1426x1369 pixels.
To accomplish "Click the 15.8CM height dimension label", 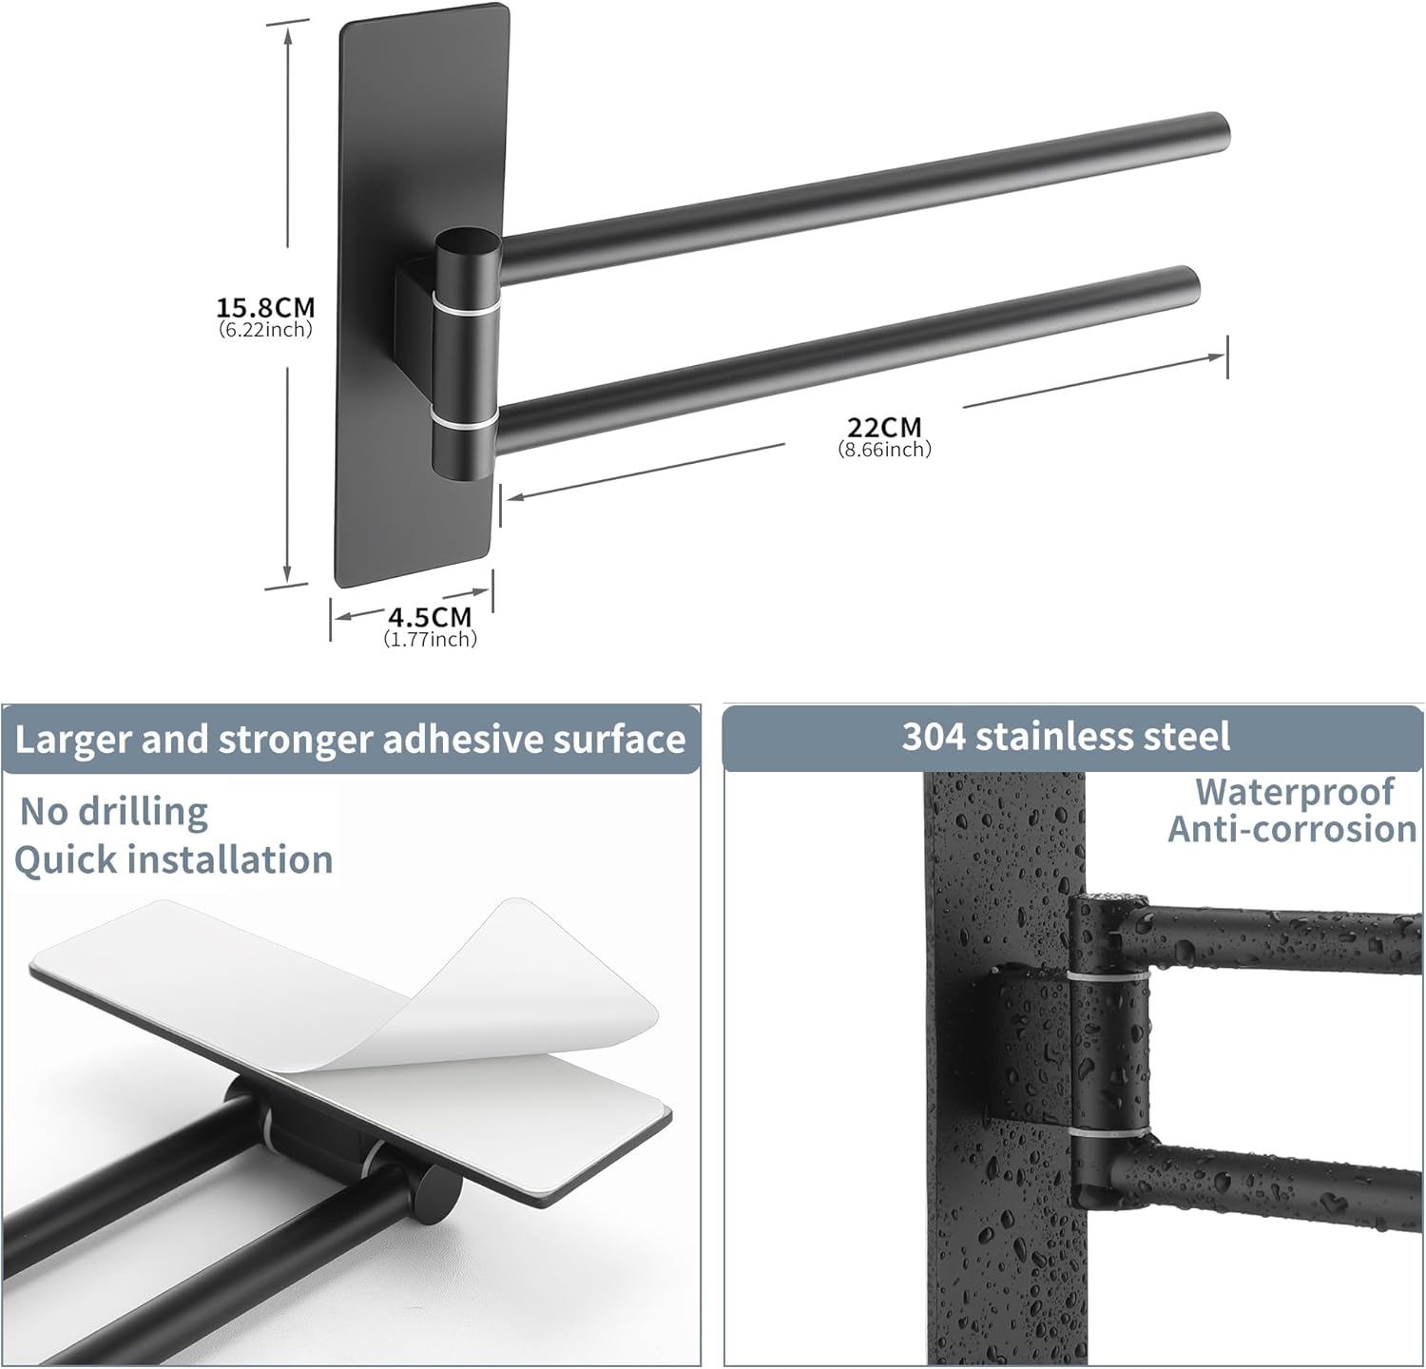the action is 265,308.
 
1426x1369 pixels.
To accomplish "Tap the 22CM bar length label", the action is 884,427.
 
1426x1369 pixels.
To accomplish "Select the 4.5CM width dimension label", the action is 430,618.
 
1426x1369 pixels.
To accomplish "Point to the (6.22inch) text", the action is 265,330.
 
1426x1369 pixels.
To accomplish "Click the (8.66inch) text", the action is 884,449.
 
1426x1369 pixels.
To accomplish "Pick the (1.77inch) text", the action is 430,640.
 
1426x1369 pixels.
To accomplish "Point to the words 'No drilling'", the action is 114,811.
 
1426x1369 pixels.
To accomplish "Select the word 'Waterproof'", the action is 1294,791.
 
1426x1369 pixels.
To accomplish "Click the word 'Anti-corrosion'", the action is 1292,829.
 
